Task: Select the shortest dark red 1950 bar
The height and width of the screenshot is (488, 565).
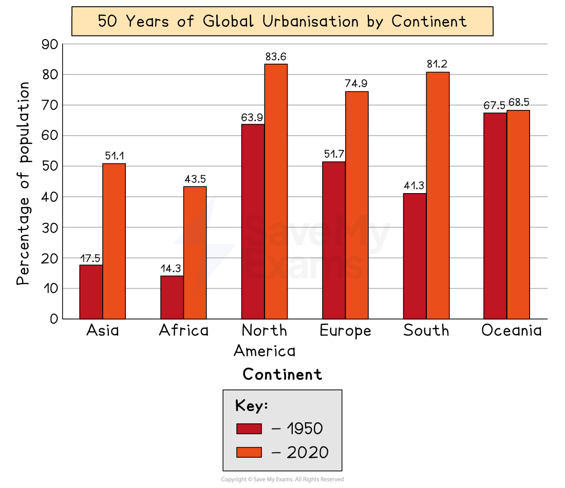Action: click(x=172, y=297)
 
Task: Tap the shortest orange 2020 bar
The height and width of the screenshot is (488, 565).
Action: click(x=195, y=252)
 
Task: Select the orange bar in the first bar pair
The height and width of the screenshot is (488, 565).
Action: click(x=114, y=241)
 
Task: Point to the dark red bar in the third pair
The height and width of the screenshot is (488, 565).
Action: click(x=253, y=221)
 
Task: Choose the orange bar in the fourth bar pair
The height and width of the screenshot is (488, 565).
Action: click(x=356, y=205)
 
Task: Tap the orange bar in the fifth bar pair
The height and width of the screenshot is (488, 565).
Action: click(x=438, y=195)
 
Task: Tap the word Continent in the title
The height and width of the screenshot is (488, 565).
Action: click(x=429, y=22)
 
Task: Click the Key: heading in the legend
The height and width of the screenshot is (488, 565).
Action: click(x=252, y=406)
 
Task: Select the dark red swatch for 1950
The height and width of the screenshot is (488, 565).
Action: click(x=249, y=428)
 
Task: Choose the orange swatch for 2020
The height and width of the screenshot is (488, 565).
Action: click(x=249, y=452)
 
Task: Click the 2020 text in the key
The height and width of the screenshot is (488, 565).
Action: click(x=307, y=452)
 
